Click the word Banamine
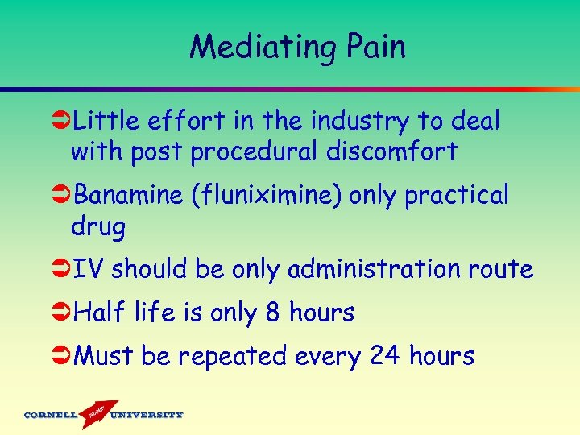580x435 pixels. pos(126,195)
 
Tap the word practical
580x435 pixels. pos(457,196)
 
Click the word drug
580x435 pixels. pos(98,228)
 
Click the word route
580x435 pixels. pos(503,270)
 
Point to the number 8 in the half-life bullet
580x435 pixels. pos(272,312)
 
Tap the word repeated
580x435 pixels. pos(232,357)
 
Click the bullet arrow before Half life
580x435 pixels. pos(61,313)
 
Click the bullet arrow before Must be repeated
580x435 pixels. pos(61,356)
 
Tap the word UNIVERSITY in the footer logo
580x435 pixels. pos(147,416)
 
